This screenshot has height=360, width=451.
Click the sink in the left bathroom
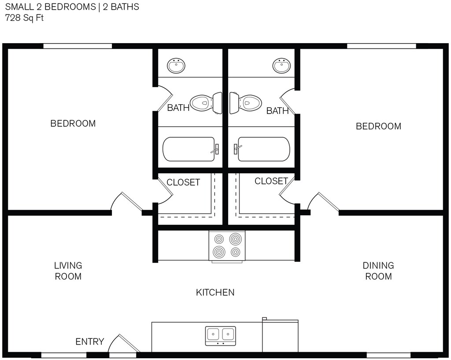176,66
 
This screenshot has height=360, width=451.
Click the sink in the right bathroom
281,66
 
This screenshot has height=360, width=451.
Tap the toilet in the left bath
206,103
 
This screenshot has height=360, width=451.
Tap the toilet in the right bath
245,103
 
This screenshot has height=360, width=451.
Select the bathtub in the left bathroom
191,149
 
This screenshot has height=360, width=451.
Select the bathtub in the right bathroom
262,149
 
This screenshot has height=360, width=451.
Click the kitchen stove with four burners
227,246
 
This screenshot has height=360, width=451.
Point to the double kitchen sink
221,336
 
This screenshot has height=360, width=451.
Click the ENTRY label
90,342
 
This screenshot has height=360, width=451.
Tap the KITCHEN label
215,293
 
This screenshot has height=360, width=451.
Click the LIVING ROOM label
68,271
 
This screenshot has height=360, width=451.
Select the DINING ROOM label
378,271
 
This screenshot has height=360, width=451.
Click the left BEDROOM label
73,124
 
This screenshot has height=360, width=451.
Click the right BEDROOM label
378,126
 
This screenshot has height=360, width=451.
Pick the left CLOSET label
183,183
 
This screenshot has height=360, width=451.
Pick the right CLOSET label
271,181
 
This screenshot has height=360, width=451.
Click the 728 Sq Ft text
24,18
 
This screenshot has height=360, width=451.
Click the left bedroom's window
78,46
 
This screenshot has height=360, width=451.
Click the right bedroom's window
381,46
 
